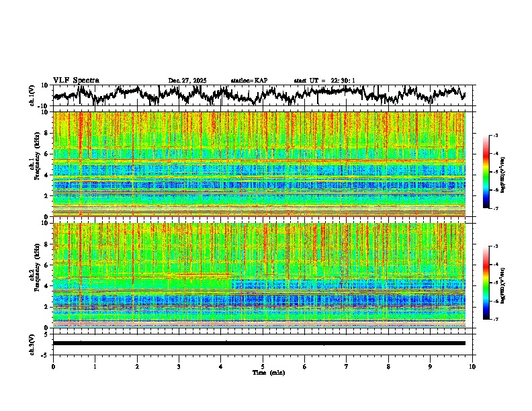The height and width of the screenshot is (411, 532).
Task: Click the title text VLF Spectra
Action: [76, 80]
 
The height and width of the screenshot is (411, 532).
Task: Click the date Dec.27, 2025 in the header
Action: [187, 81]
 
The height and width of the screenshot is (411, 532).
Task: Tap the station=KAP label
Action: [249, 81]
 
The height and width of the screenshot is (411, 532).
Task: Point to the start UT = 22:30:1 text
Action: [324, 81]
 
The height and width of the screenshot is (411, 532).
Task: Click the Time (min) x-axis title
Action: [267, 373]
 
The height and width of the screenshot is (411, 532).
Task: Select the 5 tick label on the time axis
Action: [263, 367]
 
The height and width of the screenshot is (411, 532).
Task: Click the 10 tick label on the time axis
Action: [472, 367]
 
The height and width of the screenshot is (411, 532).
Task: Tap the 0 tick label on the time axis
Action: [53, 367]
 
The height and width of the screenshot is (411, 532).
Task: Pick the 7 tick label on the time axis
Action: [347, 367]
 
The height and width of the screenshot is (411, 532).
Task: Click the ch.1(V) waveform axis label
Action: [33, 95]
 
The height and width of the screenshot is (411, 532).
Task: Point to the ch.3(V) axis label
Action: [33, 343]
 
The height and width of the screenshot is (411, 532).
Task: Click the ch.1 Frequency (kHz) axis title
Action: [34, 165]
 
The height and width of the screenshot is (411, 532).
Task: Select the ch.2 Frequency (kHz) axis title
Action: [34, 275]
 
